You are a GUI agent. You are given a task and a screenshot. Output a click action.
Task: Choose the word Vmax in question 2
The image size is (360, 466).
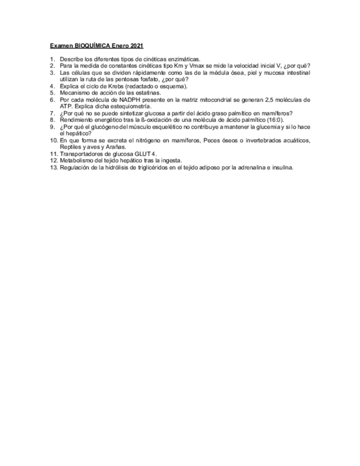pos(198,66)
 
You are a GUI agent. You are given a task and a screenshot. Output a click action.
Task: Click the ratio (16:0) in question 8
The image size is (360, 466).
pos(276,120)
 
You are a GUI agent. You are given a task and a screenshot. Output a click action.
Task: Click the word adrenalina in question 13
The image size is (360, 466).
pos(243,168)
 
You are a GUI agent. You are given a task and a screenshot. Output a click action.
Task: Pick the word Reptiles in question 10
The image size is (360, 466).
pos(71,147)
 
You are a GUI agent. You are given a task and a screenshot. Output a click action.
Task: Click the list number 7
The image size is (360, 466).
pos(52,113)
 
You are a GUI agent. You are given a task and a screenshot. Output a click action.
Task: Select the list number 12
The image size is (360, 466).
pos(53,160)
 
